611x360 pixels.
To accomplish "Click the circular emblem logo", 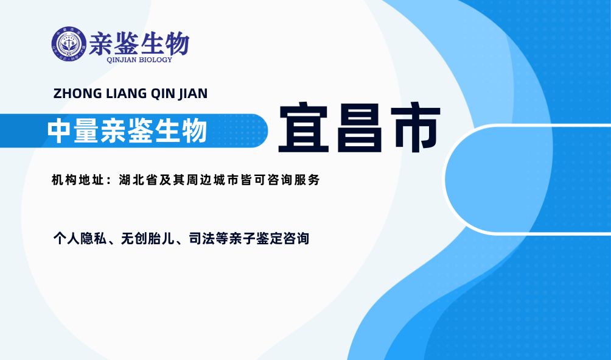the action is pyautogui.click(x=69, y=44).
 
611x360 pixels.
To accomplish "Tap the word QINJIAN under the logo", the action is pyautogui.click(x=122, y=60).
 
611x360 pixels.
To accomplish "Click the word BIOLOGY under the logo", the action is pyautogui.click(x=156, y=60).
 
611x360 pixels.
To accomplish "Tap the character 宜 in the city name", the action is pyautogui.click(x=304, y=127).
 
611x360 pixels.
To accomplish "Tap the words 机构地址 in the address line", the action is pyautogui.click(x=77, y=180).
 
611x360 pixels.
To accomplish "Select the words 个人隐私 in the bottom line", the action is pyautogui.click(x=80, y=238).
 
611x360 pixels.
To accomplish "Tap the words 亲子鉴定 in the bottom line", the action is pyautogui.click(x=256, y=238).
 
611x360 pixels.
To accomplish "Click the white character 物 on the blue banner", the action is pyautogui.click(x=194, y=131).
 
